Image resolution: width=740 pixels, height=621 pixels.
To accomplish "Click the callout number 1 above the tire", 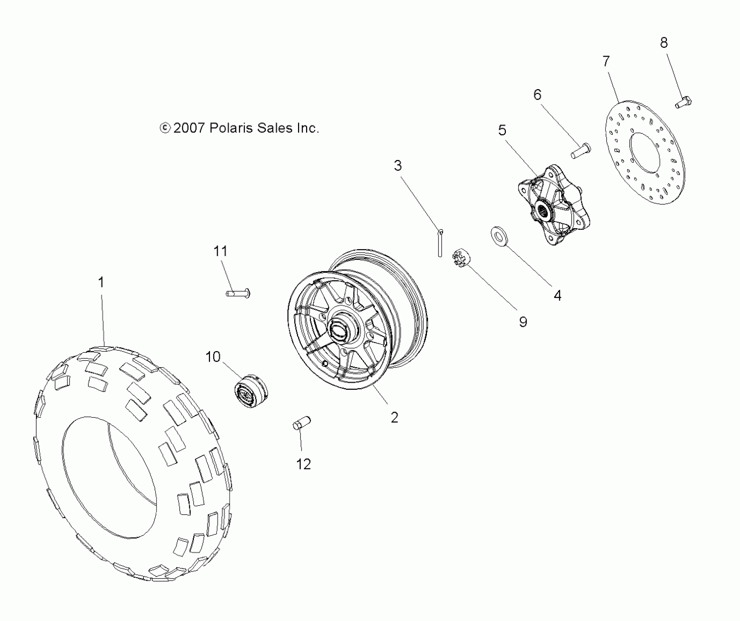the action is click(x=101, y=282).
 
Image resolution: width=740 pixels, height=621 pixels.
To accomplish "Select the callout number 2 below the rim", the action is click(x=394, y=417).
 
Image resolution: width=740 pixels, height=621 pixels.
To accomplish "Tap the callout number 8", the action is click(x=664, y=43).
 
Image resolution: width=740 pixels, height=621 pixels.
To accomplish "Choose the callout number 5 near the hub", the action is click(x=503, y=130).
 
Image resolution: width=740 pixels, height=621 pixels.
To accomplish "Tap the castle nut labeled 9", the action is click(x=461, y=258).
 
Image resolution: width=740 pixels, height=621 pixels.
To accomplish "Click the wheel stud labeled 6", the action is click(x=581, y=150).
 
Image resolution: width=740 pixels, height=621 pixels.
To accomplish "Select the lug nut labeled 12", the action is click(x=302, y=423).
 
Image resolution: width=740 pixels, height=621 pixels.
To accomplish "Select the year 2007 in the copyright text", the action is click(x=188, y=128).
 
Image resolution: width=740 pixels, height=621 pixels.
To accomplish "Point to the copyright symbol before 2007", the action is click(x=165, y=128).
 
